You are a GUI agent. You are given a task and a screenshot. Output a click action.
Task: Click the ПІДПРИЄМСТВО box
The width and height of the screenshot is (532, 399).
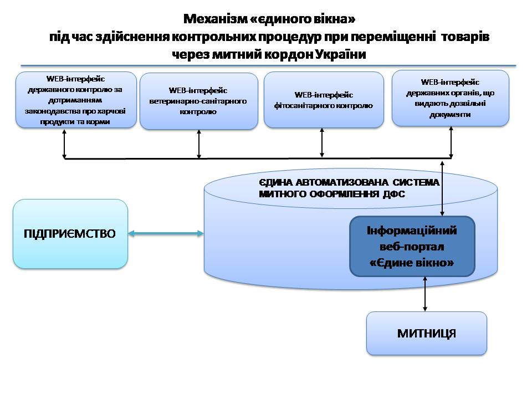70,234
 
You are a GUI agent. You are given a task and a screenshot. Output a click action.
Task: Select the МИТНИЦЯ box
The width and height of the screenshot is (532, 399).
427,333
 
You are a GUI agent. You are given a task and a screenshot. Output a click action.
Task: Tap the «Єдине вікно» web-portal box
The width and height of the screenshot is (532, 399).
412,246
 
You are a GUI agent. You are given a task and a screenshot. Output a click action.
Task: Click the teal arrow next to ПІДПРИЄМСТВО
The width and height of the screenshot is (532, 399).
166,233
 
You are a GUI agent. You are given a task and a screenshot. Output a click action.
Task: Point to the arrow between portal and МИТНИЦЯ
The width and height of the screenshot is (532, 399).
425,294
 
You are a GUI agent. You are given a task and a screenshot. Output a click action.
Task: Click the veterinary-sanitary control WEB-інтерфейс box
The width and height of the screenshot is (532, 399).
198,101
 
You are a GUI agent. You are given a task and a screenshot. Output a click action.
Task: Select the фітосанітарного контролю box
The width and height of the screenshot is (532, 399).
324,100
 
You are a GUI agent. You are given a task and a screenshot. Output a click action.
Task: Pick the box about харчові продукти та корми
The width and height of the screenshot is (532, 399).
76,100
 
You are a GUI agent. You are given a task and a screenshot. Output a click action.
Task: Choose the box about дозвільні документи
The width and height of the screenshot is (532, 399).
450,98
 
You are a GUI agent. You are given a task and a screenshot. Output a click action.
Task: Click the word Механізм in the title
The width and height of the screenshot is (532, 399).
216,19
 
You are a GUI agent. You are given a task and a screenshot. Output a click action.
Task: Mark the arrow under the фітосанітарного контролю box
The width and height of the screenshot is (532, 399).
322,142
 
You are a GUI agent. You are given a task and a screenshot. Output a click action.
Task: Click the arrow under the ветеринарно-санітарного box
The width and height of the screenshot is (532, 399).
199,144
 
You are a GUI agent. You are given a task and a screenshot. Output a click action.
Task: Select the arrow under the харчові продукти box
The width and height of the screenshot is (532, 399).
64,143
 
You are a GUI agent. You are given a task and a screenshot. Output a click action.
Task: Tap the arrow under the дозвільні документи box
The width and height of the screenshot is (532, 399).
451,142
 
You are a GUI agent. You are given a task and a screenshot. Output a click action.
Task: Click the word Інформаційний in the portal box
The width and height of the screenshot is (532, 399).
412,231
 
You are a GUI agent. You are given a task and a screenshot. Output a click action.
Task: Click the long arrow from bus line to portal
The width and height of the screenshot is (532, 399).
442,188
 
